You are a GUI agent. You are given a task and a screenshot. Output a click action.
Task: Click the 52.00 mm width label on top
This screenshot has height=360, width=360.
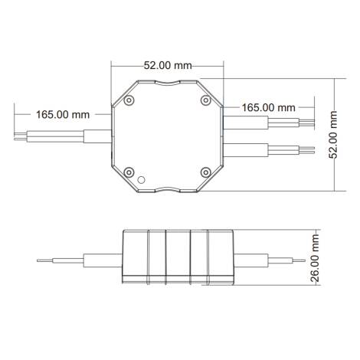pyautogui.click(x=168, y=66)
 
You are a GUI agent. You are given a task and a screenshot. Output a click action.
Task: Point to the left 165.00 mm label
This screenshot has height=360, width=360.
pyautogui.click(x=63, y=114)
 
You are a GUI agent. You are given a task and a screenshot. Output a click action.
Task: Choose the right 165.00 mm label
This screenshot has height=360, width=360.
pyautogui.click(x=268, y=107)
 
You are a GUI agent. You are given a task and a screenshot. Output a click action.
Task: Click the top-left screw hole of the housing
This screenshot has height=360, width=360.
pyautogui.click(x=129, y=100)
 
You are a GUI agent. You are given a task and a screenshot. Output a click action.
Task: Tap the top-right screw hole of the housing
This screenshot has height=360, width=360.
pyautogui.click(x=205, y=100)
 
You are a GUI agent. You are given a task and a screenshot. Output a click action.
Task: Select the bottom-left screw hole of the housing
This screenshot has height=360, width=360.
pyautogui.click(x=129, y=172)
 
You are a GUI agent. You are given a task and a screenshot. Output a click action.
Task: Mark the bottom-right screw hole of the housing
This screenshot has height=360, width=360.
pyautogui.click(x=205, y=172)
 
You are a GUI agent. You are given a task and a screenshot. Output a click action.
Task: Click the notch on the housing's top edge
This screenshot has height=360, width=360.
pyautogui.click(x=167, y=82)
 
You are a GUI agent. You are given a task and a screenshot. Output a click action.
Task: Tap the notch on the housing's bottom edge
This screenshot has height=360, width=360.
pyautogui.click(x=167, y=190)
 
